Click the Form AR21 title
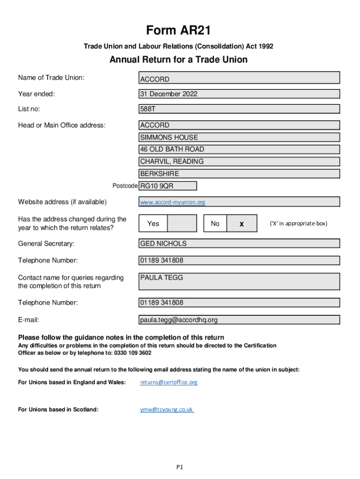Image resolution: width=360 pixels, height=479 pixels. click(179, 31)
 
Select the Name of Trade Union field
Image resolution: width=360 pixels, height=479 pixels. click(239, 78)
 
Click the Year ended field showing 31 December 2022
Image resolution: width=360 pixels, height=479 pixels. click(239, 94)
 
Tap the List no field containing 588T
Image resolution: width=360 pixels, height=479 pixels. click(239, 109)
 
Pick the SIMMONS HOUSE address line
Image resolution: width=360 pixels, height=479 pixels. click(239, 138)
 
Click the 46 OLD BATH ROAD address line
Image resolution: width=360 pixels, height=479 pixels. click(239, 149)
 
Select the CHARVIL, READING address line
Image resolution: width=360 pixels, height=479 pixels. click(239, 161)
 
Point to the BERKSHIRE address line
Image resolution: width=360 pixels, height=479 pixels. click(239, 174)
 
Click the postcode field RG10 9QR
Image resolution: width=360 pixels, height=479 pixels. click(168, 186)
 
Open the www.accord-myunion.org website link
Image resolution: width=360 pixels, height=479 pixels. click(173, 203)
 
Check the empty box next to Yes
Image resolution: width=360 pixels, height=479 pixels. click(182, 224)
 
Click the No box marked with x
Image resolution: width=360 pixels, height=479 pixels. click(242, 224)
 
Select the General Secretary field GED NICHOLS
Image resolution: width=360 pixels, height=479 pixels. click(239, 243)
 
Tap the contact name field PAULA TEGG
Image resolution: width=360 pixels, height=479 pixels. click(239, 281)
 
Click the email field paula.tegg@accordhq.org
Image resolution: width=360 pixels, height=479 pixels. click(239, 320)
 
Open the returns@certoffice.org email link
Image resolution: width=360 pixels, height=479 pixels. click(169, 382)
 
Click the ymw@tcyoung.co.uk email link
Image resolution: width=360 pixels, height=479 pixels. click(166, 409)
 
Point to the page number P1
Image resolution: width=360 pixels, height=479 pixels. click(180, 467)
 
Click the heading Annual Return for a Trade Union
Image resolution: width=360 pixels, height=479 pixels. click(179, 60)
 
